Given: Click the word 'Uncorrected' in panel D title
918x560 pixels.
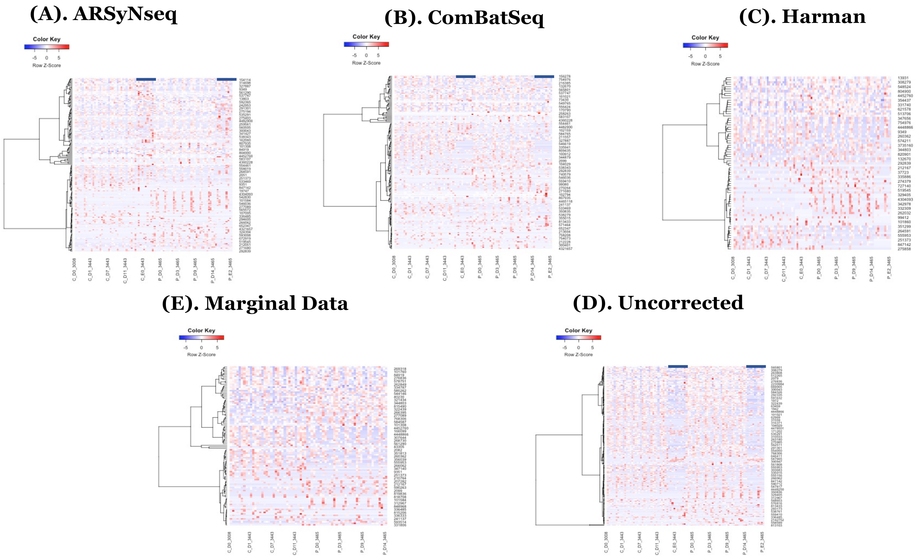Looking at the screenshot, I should coord(681,303).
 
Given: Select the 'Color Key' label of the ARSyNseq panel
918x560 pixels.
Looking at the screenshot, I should coord(47,39).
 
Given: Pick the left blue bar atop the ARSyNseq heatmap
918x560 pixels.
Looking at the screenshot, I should coord(146,79).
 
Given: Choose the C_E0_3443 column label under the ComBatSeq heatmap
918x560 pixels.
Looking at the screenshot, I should coord(462,267).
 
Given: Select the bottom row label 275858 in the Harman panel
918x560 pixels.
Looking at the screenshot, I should coord(904,249).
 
